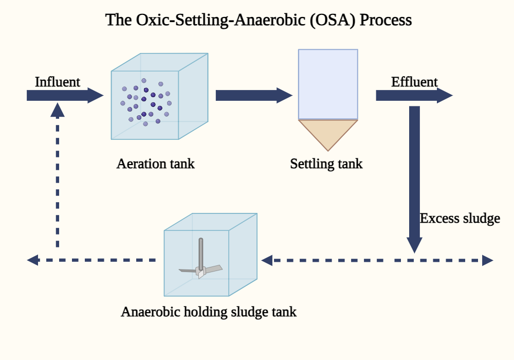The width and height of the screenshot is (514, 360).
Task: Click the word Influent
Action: pos(57,82)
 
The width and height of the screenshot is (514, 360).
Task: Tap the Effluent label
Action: pos(414,82)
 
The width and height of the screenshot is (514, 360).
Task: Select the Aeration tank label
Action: pos(155,164)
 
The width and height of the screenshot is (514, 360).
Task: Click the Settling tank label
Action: pos(326,164)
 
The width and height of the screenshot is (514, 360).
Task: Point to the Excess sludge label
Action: pos(460,219)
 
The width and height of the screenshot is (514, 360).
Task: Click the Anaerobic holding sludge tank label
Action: pos(209,312)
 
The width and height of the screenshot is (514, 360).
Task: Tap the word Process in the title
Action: pos(386,20)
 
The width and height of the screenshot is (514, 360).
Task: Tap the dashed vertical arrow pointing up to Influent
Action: pos(58,175)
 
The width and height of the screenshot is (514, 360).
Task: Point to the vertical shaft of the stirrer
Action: pos(201,252)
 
